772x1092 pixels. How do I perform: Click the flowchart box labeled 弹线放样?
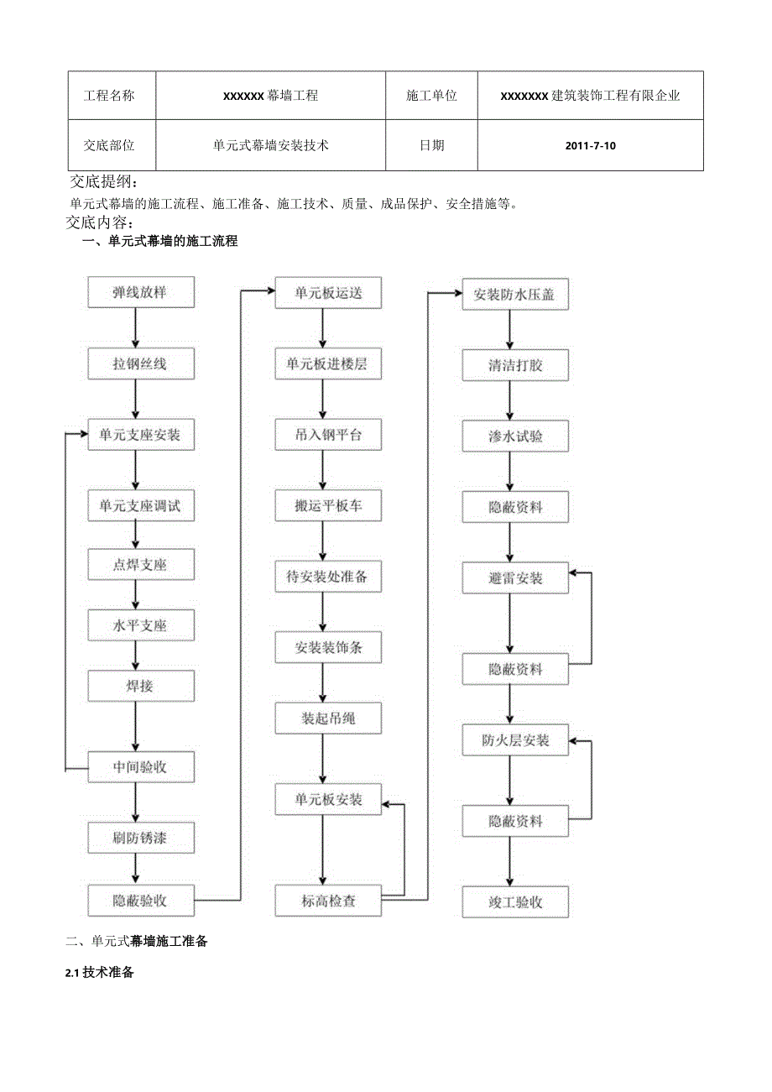pyautogui.click(x=141, y=293)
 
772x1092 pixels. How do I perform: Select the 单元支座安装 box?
pyautogui.click(x=141, y=435)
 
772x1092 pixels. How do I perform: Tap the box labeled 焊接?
pyautogui.click(x=141, y=686)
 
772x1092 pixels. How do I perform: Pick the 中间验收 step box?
pyautogui.click(x=141, y=766)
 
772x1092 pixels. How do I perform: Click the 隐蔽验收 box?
pyautogui.click(x=141, y=901)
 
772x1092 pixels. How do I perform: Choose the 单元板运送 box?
pyautogui.click(x=328, y=293)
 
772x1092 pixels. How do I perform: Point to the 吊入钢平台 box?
pyautogui.click(x=328, y=435)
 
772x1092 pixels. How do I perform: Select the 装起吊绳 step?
pyautogui.click(x=328, y=718)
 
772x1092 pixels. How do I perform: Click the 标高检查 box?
pyautogui.click(x=328, y=901)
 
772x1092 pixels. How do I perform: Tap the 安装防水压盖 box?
pyautogui.click(x=515, y=295)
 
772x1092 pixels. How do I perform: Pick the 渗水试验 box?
pyautogui.click(x=515, y=436)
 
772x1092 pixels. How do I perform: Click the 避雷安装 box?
pyautogui.click(x=515, y=578)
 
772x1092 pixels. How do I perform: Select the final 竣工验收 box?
pyautogui.click(x=515, y=902)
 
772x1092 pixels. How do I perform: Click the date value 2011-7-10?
pyautogui.click(x=590, y=145)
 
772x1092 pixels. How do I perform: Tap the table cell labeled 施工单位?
pyautogui.click(x=431, y=96)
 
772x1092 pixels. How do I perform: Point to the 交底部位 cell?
pyautogui.click(x=109, y=145)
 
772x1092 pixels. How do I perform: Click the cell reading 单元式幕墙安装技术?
pyautogui.click(x=270, y=145)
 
